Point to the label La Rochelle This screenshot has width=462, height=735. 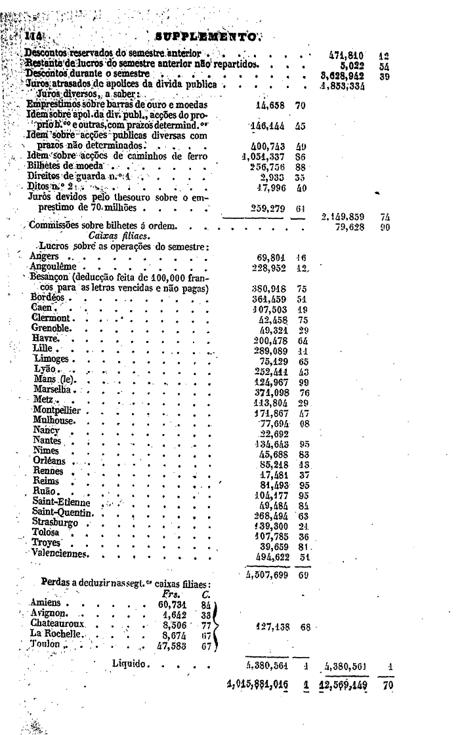click(x=56, y=634)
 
